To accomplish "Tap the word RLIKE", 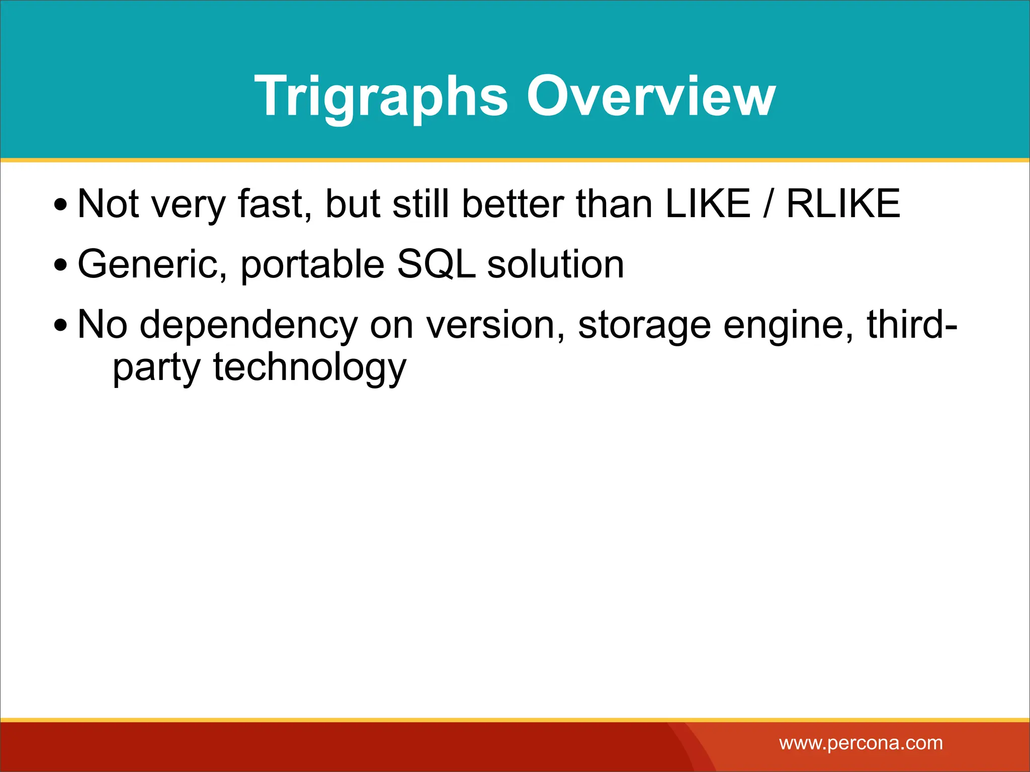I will pos(843,204).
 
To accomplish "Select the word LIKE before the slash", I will pos(707,204).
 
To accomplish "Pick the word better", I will pos(513,204).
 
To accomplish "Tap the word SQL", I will pos(437,265).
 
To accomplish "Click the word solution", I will pos(555,265).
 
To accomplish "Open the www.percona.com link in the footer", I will pos(861,743).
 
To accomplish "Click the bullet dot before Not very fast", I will pos(60,205).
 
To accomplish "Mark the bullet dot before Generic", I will pos(60,266).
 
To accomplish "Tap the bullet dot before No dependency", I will pos(60,326).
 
